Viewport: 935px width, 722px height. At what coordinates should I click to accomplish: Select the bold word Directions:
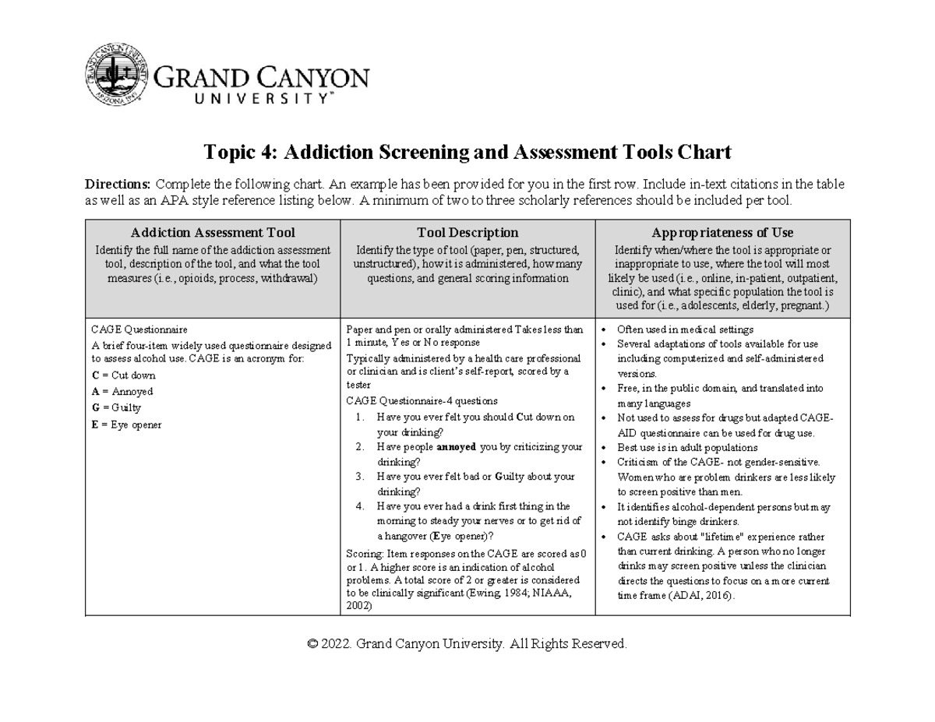tap(118, 185)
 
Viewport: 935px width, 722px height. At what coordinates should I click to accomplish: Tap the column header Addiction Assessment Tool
tap(213, 232)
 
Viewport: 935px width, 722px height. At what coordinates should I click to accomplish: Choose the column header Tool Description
tap(467, 232)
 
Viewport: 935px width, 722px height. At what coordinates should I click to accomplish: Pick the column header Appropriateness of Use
tap(722, 232)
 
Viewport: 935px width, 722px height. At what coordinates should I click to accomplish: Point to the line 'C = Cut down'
tap(123, 375)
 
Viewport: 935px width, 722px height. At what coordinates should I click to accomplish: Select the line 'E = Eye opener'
tap(126, 424)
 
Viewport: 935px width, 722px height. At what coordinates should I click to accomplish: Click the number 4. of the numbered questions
tap(360, 506)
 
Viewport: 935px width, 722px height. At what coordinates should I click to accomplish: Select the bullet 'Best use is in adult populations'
tap(686, 448)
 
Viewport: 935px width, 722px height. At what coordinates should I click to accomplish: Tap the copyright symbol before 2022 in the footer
tap(313, 644)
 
